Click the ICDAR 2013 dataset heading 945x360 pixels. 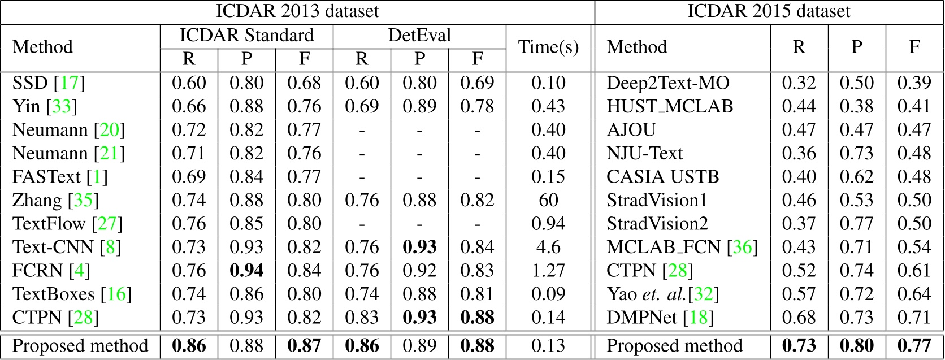coord(297,11)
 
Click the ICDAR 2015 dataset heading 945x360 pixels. coord(769,11)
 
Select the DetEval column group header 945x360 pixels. coord(419,36)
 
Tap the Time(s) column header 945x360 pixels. coord(548,47)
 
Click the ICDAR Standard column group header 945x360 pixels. coord(246,36)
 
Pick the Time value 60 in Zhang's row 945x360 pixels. coord(548,201)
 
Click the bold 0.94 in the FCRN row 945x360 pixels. coord(246,271)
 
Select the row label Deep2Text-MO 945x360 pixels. coord(668,84)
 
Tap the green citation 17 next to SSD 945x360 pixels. coord(70,84)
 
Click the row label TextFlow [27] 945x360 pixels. coord(67,224)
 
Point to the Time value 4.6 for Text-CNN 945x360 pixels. coord(548,247)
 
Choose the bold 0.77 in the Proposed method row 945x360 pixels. coord(914,345)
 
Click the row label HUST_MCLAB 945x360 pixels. coord(670,107)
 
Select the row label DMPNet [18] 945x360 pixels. coord(660,318)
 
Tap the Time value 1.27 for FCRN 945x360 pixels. coord(548,271)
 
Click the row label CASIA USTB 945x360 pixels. coord(662,177)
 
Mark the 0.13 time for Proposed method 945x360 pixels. coord(548,345)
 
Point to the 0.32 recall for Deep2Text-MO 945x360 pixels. coord(799,84)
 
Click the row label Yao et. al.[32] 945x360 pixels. coord(663,294)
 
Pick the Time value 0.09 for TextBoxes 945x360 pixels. coord(548,294)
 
